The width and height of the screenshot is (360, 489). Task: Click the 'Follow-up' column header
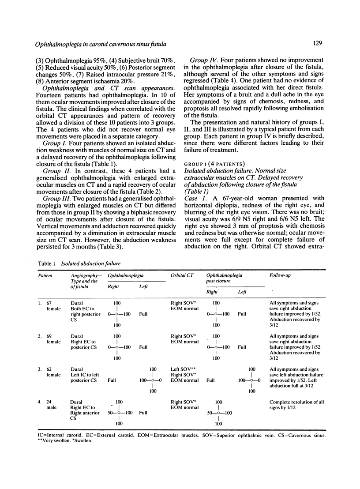click(280, 276)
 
